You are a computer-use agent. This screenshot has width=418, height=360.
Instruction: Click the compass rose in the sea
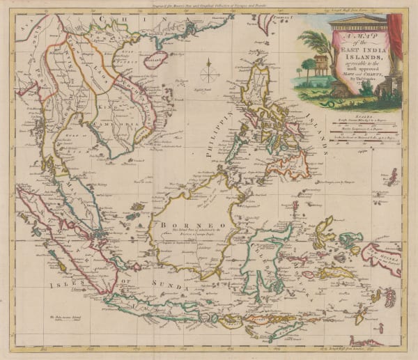[x=208, y=72]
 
